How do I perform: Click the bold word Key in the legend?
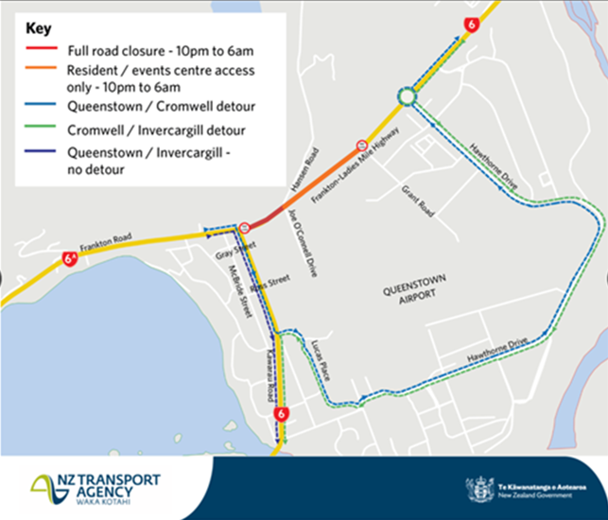pyautogui.click(x=39, y=27)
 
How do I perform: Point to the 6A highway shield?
pyautogui.click(x=69, y=257)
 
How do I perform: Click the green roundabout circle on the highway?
pyautogui.click(x=407, y=97)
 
